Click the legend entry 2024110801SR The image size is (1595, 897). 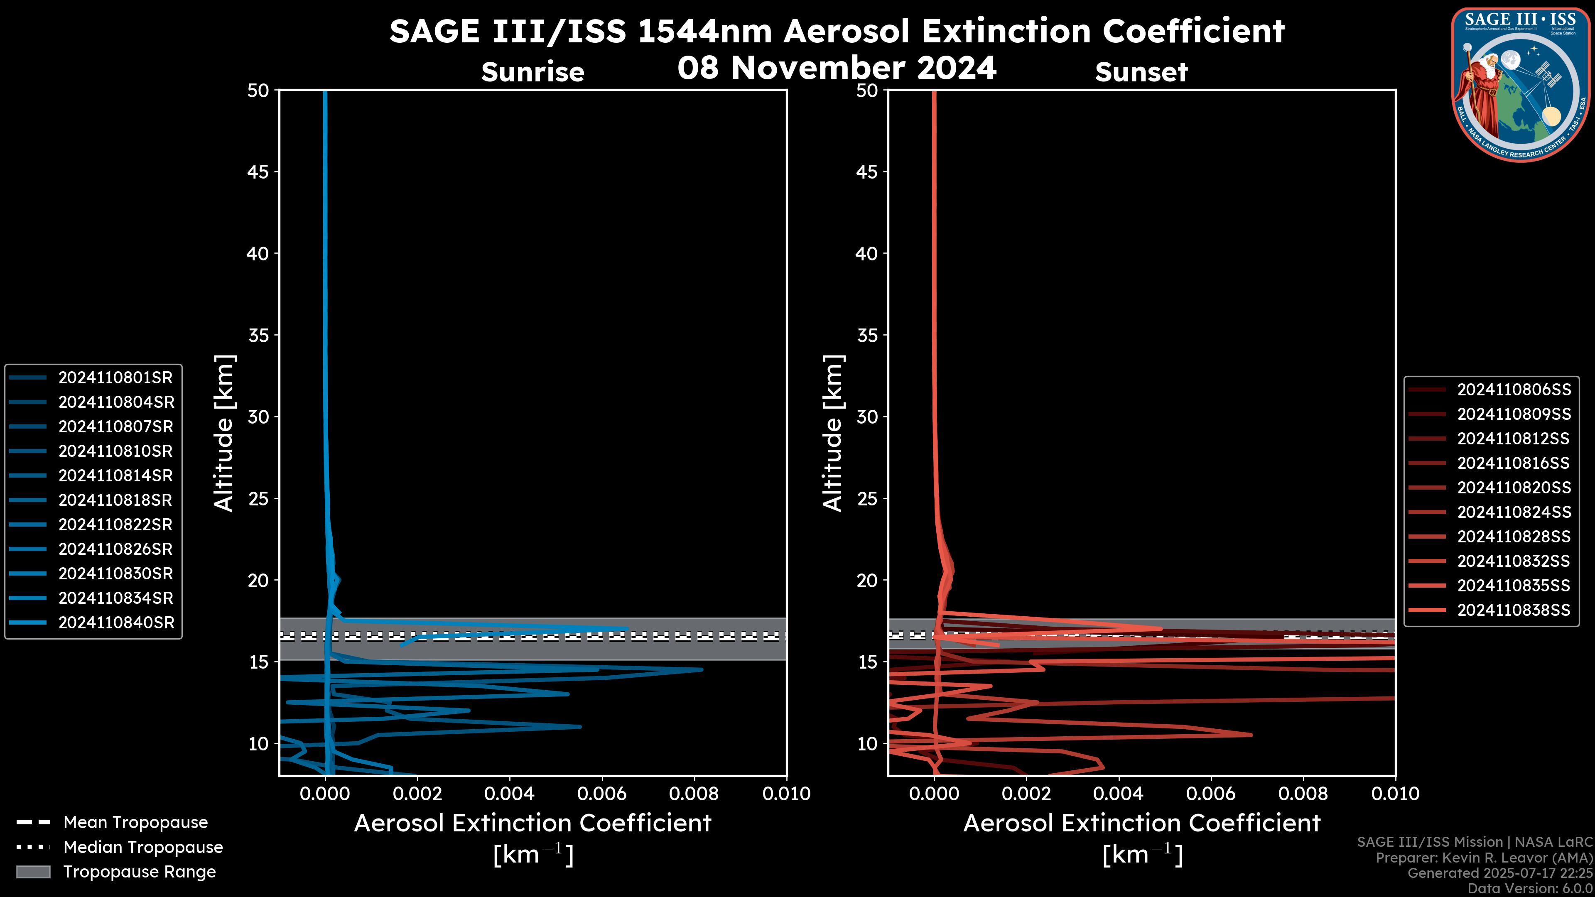click(x=115, y=377)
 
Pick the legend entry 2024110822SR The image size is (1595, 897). click(x=115, y=525)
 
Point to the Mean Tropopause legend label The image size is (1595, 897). click(x=135, y=823)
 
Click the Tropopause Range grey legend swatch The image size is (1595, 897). click(x=33, y=872)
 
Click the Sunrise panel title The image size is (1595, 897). click(x=532, y=72)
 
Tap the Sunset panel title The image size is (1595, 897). click(x=1141, y=72)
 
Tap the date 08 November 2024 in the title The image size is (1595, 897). click(x=837, y=68)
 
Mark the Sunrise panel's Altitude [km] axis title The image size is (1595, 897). click(x=224, y=433)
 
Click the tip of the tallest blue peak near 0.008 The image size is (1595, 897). click(x=702, y=669)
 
